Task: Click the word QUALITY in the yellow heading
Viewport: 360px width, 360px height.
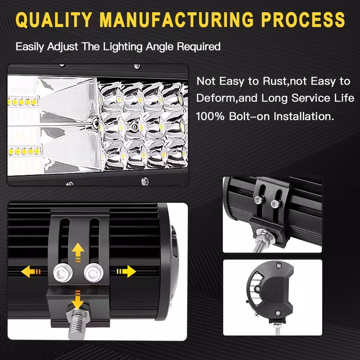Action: coord(54,20)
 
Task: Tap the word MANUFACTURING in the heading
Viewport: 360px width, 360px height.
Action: coord(177,20)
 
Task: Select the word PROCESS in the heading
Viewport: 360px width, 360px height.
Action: coord(303,20)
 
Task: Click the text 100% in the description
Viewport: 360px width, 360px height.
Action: coord(210,117)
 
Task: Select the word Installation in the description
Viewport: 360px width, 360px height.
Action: coord(304,117)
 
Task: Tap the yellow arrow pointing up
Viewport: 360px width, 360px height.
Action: coord(78,252)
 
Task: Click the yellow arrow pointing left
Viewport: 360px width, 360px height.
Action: coord(31,271)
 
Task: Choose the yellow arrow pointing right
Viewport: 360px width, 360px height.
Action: coord(126,271)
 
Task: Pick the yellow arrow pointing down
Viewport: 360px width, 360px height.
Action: coord(77,300)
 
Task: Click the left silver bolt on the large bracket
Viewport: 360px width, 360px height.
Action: coord(63,273)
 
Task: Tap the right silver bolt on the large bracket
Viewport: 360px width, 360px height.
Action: coord(94,273)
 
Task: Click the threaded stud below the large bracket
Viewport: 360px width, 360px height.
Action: coord(77,324)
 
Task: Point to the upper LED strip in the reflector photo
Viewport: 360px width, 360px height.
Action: coord(23,102)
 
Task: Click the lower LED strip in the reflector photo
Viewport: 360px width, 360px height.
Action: coord(24,151)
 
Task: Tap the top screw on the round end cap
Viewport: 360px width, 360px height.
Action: coord(279,266)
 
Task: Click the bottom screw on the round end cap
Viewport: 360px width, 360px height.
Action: coord(278,313)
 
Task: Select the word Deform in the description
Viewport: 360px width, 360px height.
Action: coord(216,99)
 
